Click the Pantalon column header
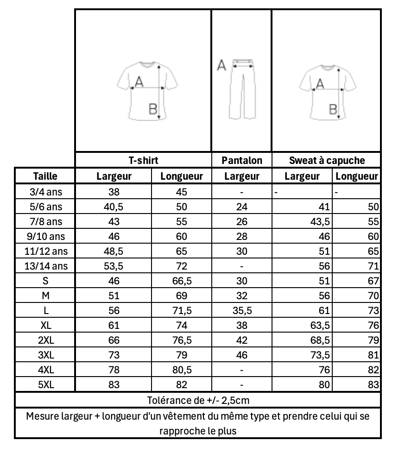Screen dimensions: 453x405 coord(241,161)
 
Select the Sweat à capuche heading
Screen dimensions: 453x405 coord(326,161)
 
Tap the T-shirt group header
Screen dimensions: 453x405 coord(143,161)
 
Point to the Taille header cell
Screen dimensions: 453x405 coord(45,176)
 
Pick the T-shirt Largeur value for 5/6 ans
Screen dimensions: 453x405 coord(114,207)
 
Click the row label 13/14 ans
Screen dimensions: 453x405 coord(45,266)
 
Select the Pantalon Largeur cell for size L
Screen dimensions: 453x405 coord(241,310)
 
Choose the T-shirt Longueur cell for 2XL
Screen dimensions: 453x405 coord(181,340)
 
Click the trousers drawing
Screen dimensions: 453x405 coord(242,88)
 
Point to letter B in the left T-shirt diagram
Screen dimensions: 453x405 coord(152,109)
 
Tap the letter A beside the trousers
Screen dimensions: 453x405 coord(221,66)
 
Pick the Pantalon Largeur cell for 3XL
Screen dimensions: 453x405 coord(241,355)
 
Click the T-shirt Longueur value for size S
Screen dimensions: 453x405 coord(181,281)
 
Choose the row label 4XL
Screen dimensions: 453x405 coord(45,370)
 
